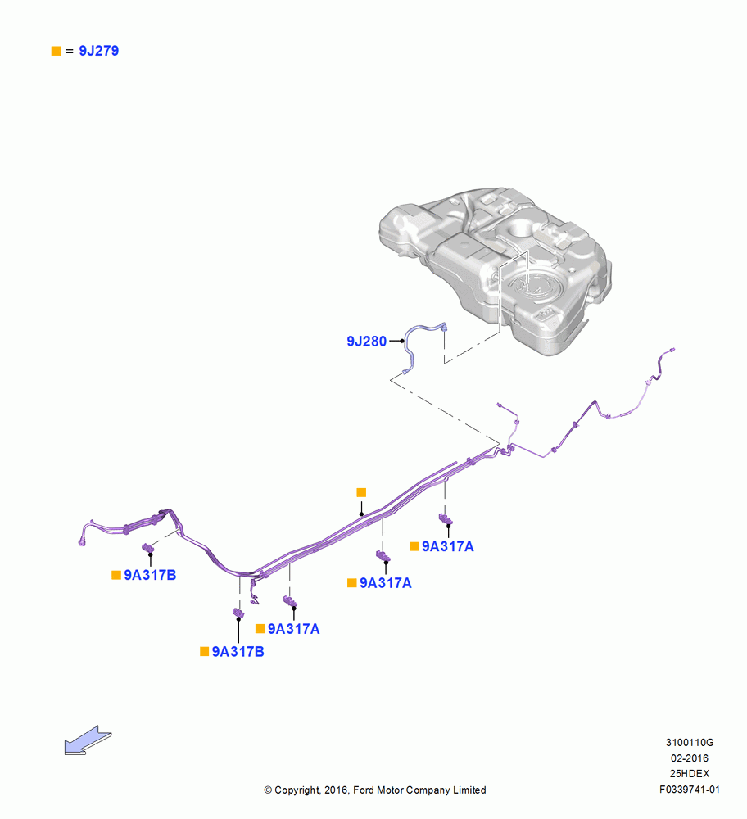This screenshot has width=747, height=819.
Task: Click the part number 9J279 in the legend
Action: (x=99, y=51)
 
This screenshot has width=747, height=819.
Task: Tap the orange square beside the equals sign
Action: (x=56, y=51)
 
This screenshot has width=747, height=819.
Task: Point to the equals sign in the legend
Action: (x=70, y=51)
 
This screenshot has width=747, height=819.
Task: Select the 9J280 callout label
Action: (x=367, y=341)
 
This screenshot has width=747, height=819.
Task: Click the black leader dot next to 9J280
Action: (x=402, y=341)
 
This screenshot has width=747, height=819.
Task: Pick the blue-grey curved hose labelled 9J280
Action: (x=413, y=334)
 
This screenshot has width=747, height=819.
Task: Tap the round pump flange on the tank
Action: (x=534, y=286)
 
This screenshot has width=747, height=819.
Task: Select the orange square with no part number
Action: (x=361, y=492)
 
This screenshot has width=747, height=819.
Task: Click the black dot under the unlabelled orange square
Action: (x=361, y=514)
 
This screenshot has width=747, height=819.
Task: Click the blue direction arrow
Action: (x=88, y=740)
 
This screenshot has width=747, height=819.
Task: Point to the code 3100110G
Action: (x=690, y=742)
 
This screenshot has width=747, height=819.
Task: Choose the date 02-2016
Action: (x=690, y=758)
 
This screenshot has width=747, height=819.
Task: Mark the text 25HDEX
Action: (x=690, y=774)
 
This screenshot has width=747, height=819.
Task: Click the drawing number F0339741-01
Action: (x=690, y=790)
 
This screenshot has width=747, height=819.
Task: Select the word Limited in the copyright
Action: (x=469, y=790)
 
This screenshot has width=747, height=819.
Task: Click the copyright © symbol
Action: (x=268, y=790)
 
